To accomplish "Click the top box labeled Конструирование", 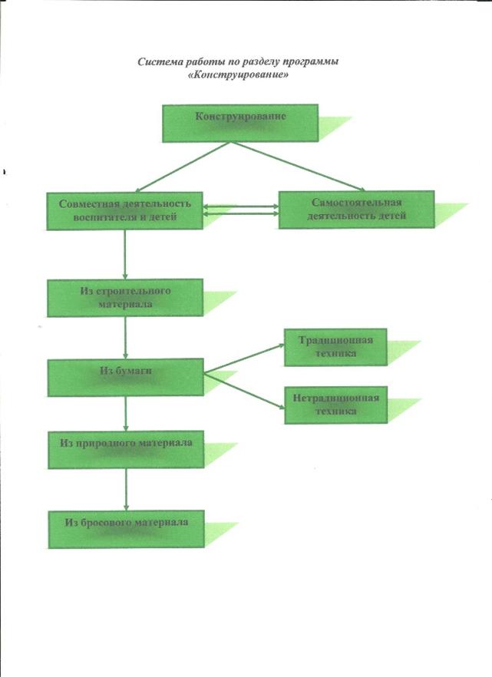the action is pyautogui.click(x=240, y=123).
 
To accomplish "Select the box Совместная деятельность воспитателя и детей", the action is pyautogui.click(x=124, y=210).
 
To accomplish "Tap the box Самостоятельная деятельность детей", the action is pyautogui.click(x=356, y=210).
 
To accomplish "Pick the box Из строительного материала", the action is pyautogui.click(x=124, y=298).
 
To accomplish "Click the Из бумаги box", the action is pyautogui.click(x=126, y=378).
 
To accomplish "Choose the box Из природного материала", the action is pyautogui.click(x=126, y=450).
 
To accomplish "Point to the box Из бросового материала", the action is pyautogui.click(x=126, y=530).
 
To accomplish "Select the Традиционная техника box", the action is pyautogui.click(x=335, y=347).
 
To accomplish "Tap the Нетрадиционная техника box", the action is pyautogui.click(x=335, y=405).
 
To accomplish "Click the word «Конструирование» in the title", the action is pyautogui.click(x=239, y=74).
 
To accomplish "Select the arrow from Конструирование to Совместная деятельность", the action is pyautogui.click(x=182, y=167).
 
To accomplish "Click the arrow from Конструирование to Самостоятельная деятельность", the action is pyautogui.click(x=298, y=167).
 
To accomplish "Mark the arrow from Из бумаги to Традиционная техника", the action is pyautogui.click(x=244, y=358).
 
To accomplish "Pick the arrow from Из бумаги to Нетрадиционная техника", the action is pyautogui.click(x=244, y=391).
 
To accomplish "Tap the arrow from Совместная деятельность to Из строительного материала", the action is pyautogui.click(x=125, y=254).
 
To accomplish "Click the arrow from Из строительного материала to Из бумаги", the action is pyautogui.click(x=126, y=338).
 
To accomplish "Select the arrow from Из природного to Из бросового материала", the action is pyautogui.click(x=126, y=490).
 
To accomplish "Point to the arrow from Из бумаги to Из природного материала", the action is pyautogui.click(x=126, y=414).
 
